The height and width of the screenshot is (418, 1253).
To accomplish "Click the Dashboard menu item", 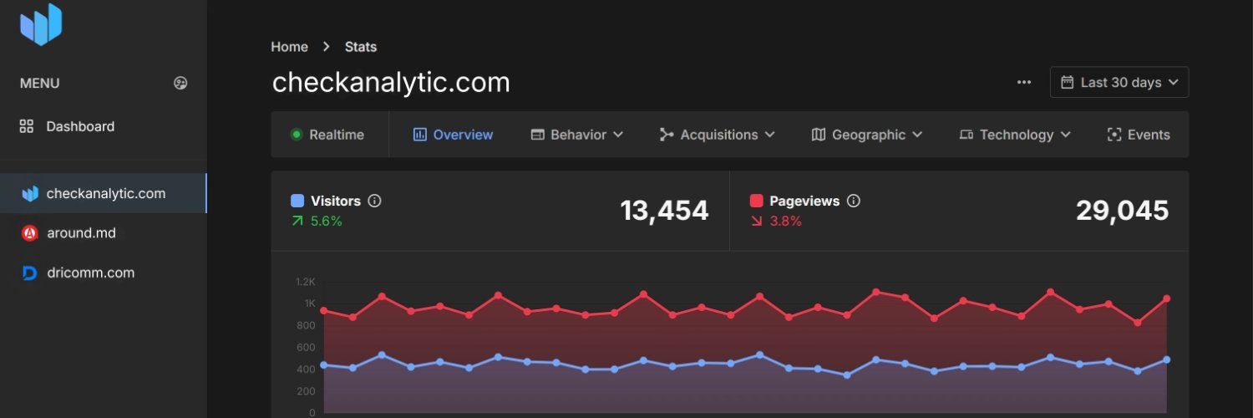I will click(80, 126).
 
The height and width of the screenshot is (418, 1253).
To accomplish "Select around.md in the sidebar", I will click(80, 233).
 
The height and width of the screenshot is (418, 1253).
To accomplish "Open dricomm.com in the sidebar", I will click(90, 273).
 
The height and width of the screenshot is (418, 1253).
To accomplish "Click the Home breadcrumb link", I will click(289, 47).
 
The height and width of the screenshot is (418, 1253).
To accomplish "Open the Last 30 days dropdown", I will click(1119, 82).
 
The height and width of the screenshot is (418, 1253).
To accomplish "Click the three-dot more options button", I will click(1024, 82).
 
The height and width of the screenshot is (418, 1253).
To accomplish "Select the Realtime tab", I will click(327, 135).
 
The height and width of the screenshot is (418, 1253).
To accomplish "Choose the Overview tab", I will click(454, 135).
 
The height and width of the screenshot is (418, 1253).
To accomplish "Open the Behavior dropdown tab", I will click(577, 135).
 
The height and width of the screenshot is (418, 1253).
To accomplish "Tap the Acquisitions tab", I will click(718, 135).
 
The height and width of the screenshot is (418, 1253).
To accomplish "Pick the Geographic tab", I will click(867, 135).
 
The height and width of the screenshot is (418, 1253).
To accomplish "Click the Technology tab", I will click(1015, 135).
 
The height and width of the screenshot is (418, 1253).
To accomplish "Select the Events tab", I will click(1139, 135).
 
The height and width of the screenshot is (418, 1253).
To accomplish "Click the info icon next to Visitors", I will click(375, 201).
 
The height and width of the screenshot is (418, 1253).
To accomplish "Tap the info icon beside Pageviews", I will click(854, 201).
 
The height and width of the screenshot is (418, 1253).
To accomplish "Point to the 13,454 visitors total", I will click(664, 211).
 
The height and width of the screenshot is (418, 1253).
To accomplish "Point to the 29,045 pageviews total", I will click(1122, 211).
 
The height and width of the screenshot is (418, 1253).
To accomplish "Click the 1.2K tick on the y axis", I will click(305, 282).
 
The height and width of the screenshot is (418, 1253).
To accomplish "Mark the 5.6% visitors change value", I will click(326, 222).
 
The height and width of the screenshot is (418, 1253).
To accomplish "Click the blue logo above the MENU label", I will click(41, 24).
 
